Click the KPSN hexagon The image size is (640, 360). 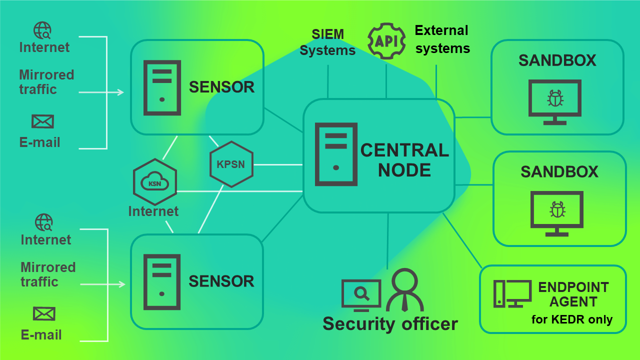(231, 164)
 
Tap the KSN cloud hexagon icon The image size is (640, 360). (155, 181)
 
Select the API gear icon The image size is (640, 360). (386, 41)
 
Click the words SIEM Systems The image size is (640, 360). (327, 42)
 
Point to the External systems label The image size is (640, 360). (442, 39)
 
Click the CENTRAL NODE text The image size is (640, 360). (404, 160)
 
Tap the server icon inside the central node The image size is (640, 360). (336, 154)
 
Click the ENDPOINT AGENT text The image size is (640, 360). (573, 294)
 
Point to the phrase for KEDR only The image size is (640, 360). (572, 319)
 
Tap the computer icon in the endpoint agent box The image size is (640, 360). (512, 293)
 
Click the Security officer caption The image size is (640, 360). (390, 323)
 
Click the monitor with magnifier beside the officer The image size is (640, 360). (361, 294)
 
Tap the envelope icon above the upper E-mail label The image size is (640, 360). (42, 121)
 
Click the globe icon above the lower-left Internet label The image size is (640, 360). (44, 222)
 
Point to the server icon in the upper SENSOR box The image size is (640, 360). (162, 87)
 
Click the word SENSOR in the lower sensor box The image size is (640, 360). (221, 281)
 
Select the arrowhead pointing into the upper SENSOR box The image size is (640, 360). (120, 92)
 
